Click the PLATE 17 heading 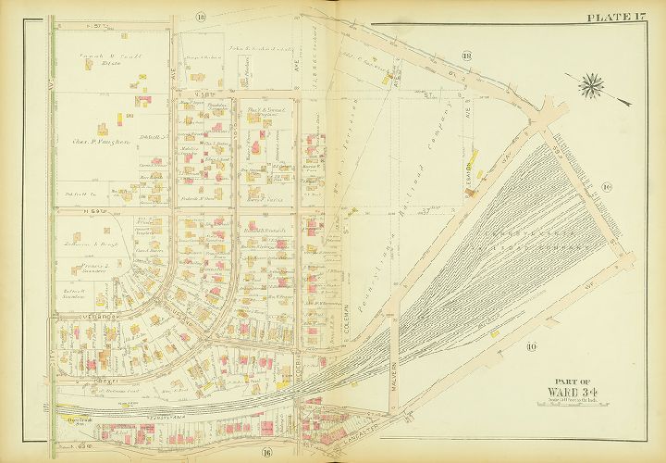pos(616,16)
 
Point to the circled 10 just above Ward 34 pos(531,346)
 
